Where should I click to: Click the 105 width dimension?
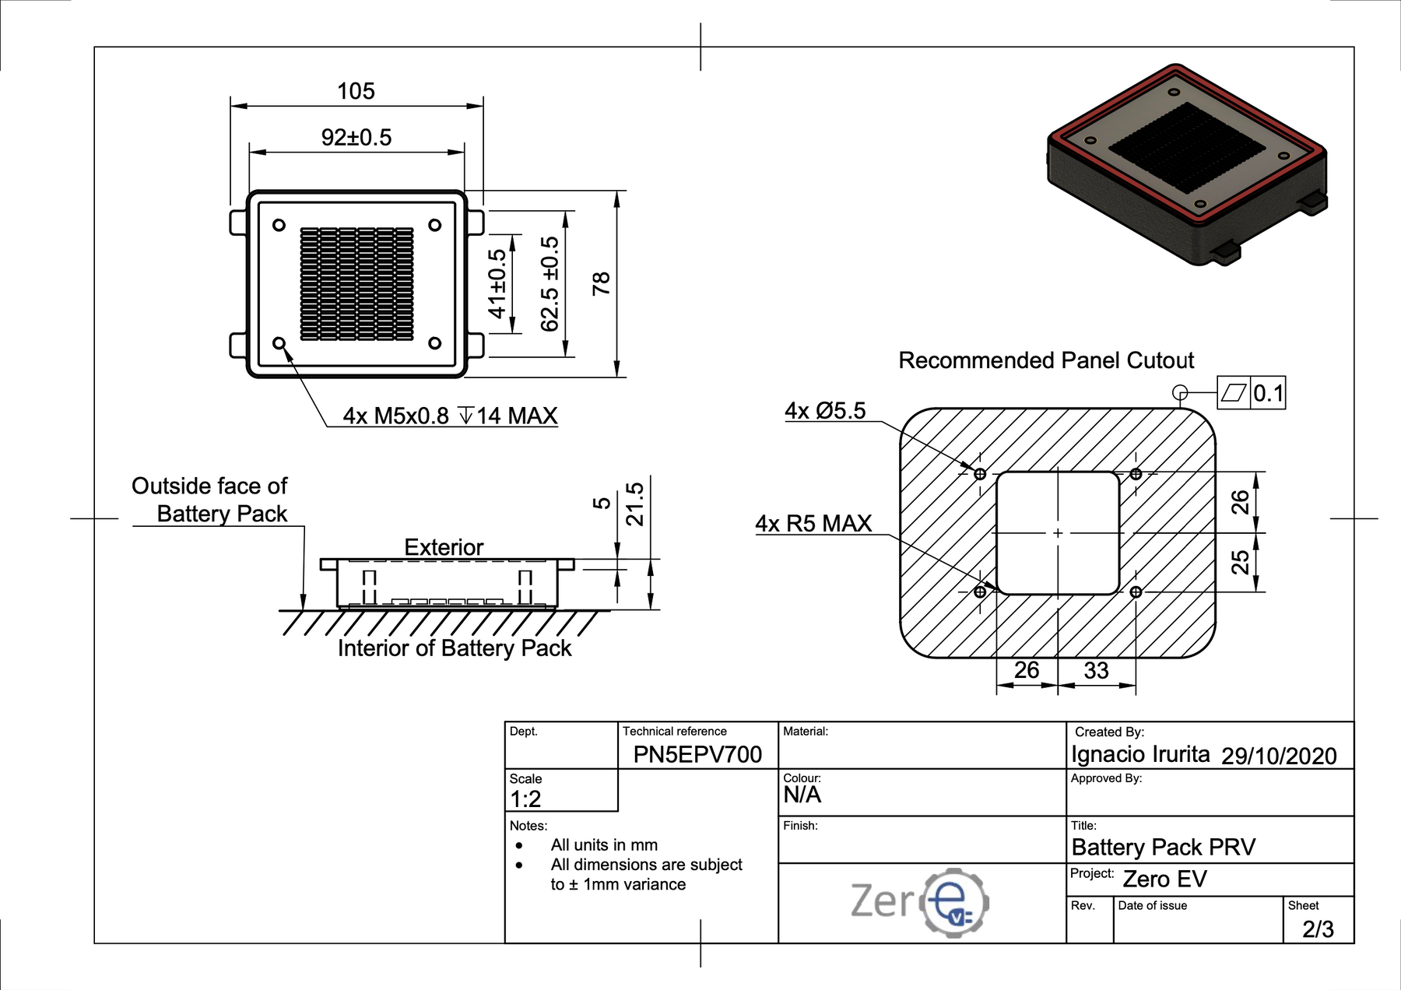click(356, 91)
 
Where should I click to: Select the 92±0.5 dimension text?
click(356, 138)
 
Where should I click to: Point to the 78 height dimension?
click(602, 283)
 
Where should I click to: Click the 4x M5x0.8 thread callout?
click(450, 416)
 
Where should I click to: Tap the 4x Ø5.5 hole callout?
click(825, 410)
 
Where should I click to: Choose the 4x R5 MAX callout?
click(813, 523)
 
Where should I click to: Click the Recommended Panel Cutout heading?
click(1046, 360)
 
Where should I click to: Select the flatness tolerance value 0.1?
click(1268, 393)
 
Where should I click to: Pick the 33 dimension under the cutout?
click(1096, 670)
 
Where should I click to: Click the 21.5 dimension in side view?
click(635, 504)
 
